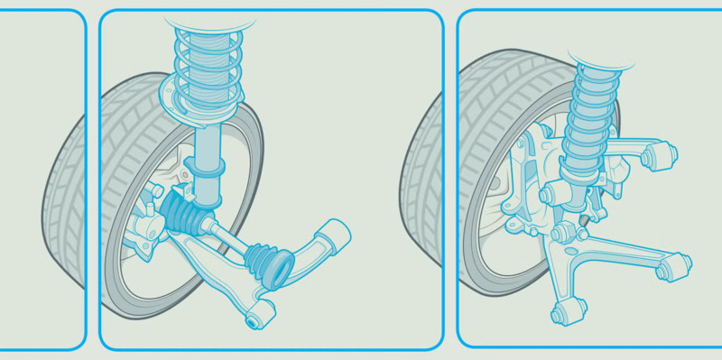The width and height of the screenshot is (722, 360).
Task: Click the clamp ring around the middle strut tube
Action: [207, 168]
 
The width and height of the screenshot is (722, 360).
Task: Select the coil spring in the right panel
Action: [591, 117]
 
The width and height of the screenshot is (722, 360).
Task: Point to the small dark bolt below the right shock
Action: [584, 220]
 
